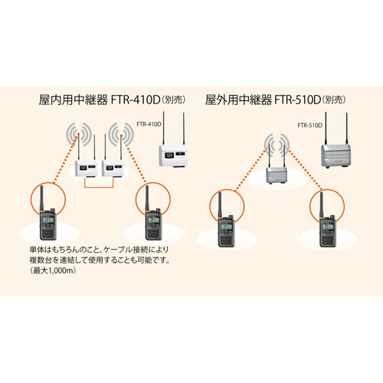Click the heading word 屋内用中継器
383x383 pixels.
point(73,100)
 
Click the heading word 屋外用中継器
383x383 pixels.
point(238,100)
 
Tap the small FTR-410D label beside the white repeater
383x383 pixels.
point(149,124)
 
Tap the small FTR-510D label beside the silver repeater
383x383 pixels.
point(309,126)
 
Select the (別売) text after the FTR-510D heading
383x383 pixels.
point(334,100)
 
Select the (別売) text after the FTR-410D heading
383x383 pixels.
point(174,100)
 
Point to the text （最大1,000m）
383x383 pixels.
point(53,270)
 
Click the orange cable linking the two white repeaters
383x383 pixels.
point(99,187)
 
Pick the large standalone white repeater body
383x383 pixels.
point(173,155)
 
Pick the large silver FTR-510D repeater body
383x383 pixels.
point(336,155)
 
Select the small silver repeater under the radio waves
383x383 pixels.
point(277,175)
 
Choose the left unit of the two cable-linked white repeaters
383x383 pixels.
point(87,169)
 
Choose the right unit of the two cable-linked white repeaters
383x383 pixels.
point(113,169)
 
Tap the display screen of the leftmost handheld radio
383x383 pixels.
point(48,221)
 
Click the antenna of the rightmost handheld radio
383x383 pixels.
point(322,205)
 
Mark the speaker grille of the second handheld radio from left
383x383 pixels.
point(153,234)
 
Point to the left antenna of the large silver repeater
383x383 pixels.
point(326,128)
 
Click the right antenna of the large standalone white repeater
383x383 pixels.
point(184,129)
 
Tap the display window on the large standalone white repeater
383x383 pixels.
point(169,155)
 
